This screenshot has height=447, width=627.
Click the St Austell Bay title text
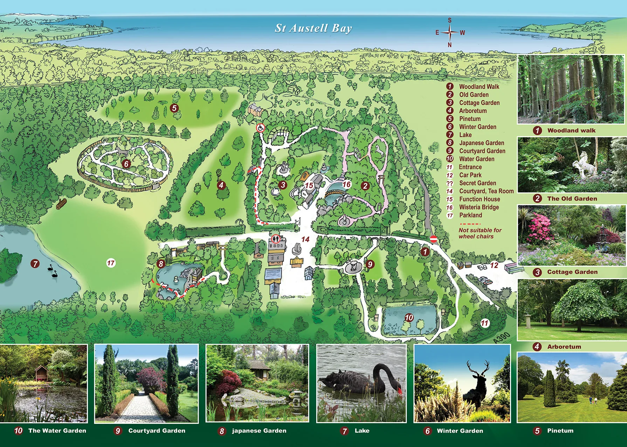click(313, 28)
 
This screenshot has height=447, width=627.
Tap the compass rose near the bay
click(450, 33)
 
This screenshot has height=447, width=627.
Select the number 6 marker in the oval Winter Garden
click(126, 164)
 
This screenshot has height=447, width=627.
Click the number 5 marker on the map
click(174, 108)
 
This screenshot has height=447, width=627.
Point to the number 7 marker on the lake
click(35, 263)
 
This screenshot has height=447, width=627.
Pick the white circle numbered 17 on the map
click(111, 263)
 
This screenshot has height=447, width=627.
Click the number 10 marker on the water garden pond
click(409, 318)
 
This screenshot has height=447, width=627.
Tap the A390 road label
click(502, 338)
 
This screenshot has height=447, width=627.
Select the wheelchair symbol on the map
click(260, 128)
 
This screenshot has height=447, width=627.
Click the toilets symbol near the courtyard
click(276, 239)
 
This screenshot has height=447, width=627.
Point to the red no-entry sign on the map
click(433, 239)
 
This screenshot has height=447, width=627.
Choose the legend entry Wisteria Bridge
click(479, 207)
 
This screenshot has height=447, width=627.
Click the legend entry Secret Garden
click(477, 183)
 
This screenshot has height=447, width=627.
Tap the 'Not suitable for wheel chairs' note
click(480, 233)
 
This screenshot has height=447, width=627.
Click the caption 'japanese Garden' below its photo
click(259, 431)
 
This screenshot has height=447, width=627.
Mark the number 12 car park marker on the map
click(494, 265)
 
